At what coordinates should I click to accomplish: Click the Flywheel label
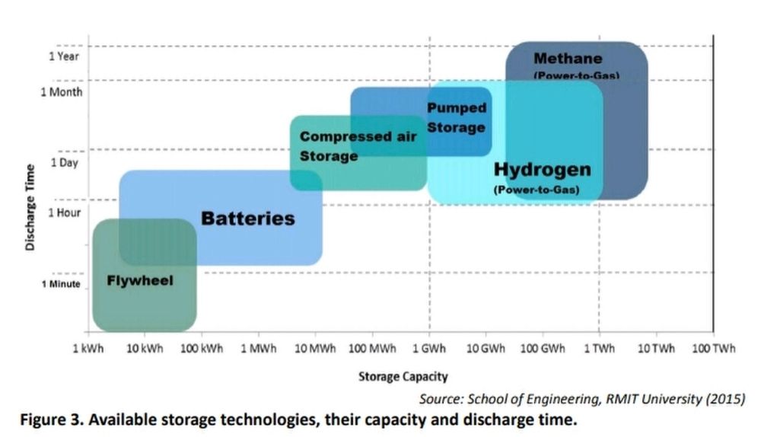click(x=140, y=281)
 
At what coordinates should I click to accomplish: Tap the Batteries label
click(x=247, y=219)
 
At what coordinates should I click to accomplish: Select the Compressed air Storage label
click(x=358, y=146)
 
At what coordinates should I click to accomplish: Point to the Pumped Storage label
click(x=456, y=118)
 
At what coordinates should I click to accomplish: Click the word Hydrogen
click(x=542, y=169)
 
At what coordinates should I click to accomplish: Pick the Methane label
click(x=568, y=59)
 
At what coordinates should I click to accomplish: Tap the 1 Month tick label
click(x=61, y=91)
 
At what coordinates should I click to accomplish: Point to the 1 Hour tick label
click(x=64, y=212)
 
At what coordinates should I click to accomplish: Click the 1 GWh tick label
click(x=430, y=349)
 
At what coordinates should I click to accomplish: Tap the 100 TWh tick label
click(x=713, y=349)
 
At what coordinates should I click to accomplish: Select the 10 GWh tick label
click(x=486, y=349)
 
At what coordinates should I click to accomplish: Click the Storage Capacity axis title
click(x=403, y=376)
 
